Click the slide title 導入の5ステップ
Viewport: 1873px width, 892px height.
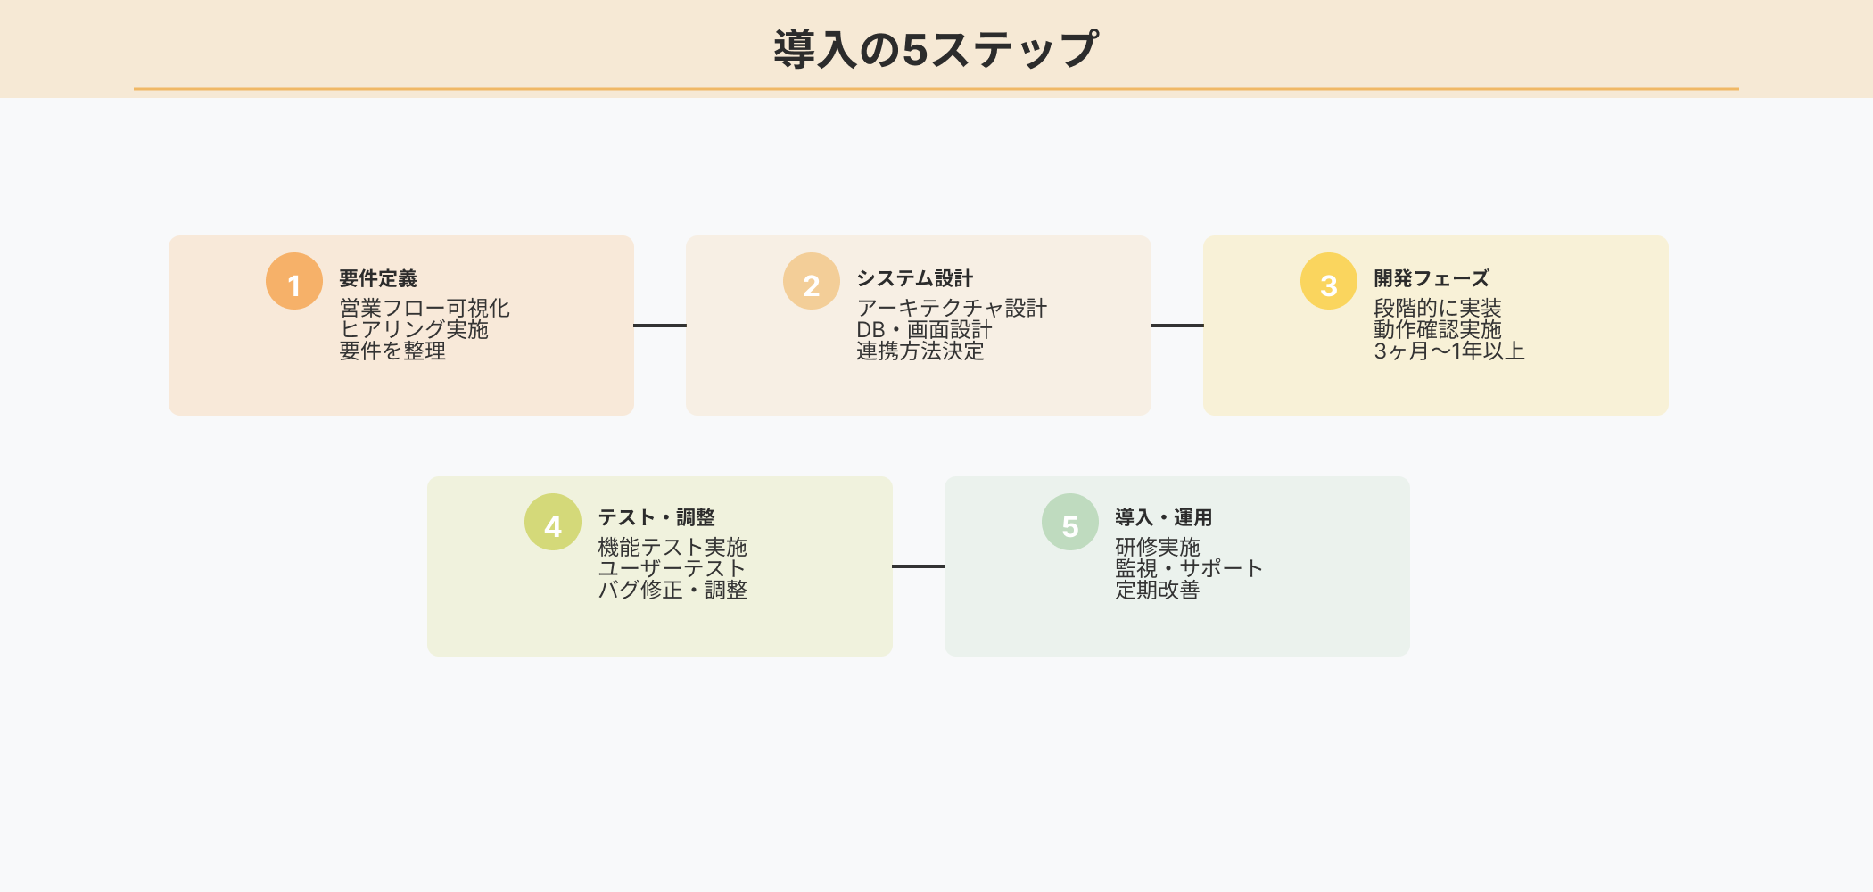click(x=936, y=49)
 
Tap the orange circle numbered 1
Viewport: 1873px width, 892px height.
click(x=294, y=281)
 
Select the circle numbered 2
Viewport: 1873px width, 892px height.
click(x=812, y=281)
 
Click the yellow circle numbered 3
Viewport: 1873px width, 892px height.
click(x=1329, y=281)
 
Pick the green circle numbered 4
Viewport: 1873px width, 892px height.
click(x=553, y=522)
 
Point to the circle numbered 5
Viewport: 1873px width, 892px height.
click(x=1070, y=522)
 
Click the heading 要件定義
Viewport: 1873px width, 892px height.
click(x=378, y=278)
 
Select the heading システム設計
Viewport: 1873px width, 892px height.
click(x=914, y=278)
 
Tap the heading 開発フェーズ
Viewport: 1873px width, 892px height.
click(x=1432, y=278)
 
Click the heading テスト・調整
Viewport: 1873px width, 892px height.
click(x=656, y=517)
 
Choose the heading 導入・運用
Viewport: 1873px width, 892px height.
click(x=1164, y=517)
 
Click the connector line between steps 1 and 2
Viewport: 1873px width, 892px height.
click(x=660, y=326)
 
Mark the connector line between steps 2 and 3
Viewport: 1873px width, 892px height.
click(x=1177, y=326)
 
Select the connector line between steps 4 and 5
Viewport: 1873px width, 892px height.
click(x=919, y=566)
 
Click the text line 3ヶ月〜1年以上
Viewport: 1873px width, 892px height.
click(x=1449, y=351)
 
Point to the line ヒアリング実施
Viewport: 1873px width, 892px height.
click(x=414, y=330)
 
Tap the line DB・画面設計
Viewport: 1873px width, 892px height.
click(x=924, y=330)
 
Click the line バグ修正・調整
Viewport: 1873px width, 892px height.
click(x=672, y=590)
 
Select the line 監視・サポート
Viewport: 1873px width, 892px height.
click(x=1189, y=568)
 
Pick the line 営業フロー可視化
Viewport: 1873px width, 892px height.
click(x=425, y=309)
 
